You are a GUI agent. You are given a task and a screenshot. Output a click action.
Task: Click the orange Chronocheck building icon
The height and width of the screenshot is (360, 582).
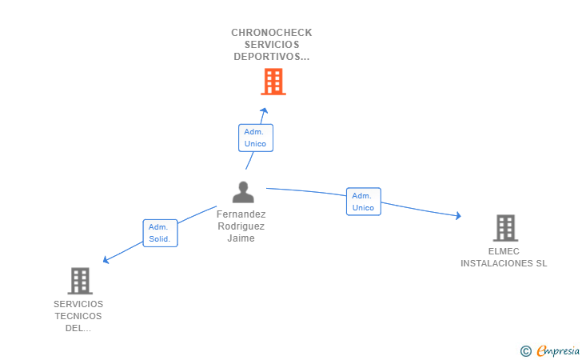pyautogui.click(x=273, y=82)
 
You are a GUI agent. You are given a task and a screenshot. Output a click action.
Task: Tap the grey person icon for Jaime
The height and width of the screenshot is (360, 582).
pyautogui.click(x=243, y=192)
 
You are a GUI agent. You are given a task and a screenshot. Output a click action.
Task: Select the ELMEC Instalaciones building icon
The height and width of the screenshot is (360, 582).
pyautogui.click(x=505, y=228)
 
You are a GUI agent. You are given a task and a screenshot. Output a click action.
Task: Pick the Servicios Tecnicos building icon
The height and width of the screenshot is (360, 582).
pyautogui.click(x=80, y=281)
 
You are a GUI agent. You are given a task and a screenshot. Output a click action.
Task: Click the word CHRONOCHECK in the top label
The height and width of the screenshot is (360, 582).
pyautogui.click(x=272, y=33)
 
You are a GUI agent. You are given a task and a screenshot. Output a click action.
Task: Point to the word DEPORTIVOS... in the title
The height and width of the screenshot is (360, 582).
pyautogui.click(x=272, y=57)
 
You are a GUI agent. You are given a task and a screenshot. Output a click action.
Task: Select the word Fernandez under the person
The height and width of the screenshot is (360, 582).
pyautogui.click(x=241, y=214)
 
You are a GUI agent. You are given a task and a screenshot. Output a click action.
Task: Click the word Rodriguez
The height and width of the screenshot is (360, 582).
pyautogui.click(x=241, y=226)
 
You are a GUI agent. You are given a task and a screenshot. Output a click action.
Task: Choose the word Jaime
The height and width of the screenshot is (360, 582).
pyautogui.click(x=241, y=238)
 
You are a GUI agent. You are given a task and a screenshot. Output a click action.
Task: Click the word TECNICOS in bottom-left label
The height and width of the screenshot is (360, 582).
pyautogui.click(x=78, y=316)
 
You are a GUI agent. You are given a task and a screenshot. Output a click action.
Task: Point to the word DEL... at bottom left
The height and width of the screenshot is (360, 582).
pyautogui.click(x=78, y=328)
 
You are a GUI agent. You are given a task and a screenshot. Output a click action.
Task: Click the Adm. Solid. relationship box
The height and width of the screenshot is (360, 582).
pyautogui.click(x=160, y=233)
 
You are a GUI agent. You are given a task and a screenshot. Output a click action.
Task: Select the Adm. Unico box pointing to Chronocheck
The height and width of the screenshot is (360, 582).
pyautogui.click(x=256, y=138)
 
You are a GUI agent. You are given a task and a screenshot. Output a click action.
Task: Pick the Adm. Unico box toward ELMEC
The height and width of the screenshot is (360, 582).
pyautogui.click(x=363, y=202)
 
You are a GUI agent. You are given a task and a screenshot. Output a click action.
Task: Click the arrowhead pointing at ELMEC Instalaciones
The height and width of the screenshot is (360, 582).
pyautogui.click(x=458, y=215)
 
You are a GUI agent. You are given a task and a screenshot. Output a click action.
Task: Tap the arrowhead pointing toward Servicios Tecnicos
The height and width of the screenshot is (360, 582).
pyautogui.click(x=106, y=259)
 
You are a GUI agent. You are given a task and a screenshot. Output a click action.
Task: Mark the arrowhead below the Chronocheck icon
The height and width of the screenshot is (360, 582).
pyautogui.click(x=265, y=111)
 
